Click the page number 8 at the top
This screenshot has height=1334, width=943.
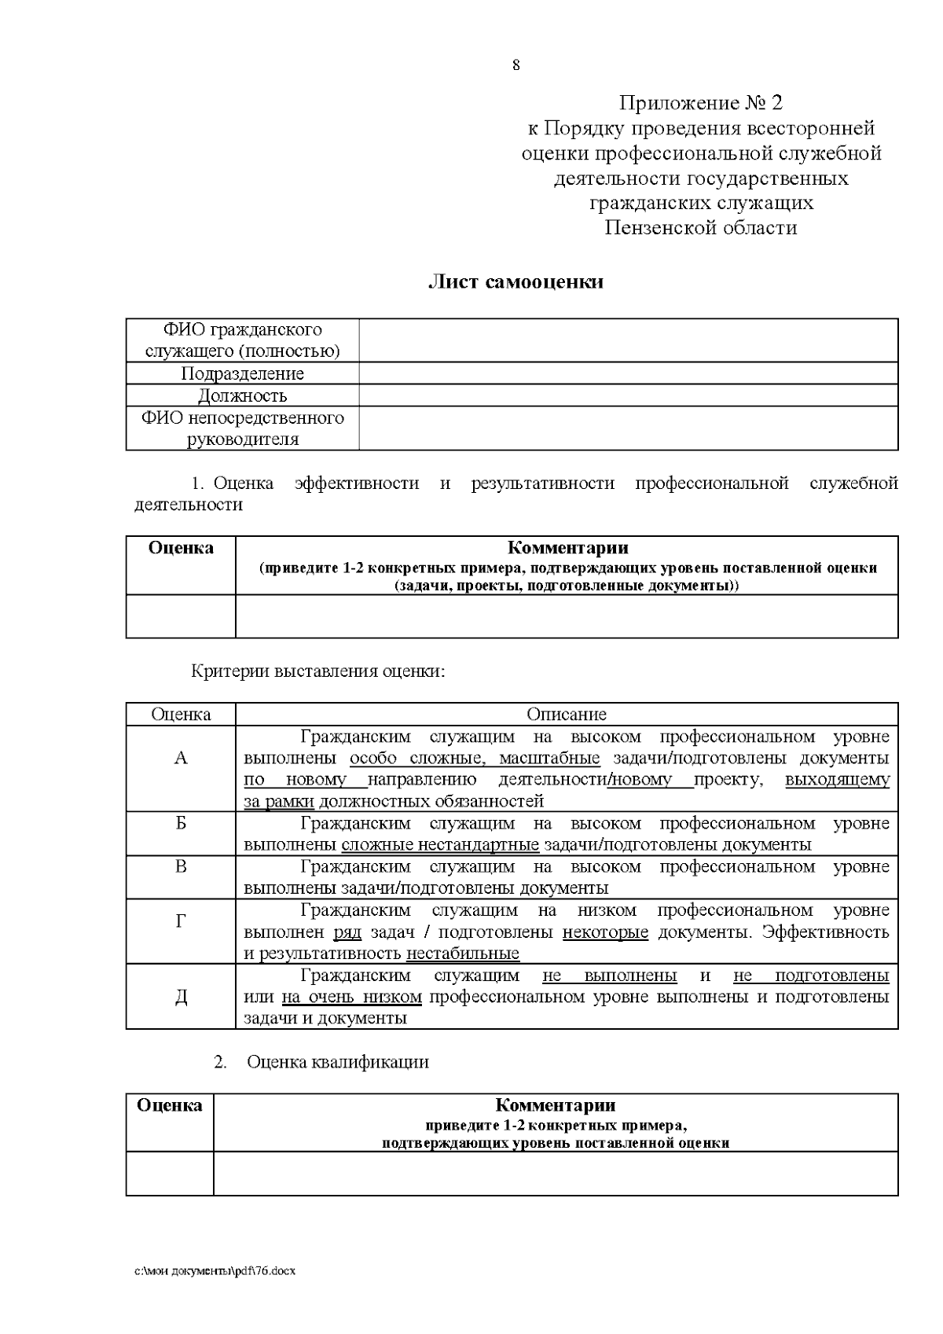pyautogui.click(x=516, y=65)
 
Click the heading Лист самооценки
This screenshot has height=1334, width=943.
pyautogui.click(x=516, y=282)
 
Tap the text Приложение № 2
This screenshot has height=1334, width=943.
pyautogui.click(x=701, y=103)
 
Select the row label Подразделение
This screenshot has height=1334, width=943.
pyautogui.click(x=242, y=373)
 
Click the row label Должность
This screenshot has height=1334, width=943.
pyautogui.click(x=242, y=395)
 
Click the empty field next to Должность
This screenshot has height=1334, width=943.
pyautogui.click(x=628, y=395)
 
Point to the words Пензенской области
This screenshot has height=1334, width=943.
pyautogui.click(x=701, y=228)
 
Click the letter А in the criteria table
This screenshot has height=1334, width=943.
pyautogui.click(x=181, y=759)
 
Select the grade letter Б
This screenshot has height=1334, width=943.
pyautogui.click(x=181, y=824)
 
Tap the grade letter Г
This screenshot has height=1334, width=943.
pyautogui.click(x=181, y=921)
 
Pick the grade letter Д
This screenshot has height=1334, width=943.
pyautogui.click(x=181, y=997)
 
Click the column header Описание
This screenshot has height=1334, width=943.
pyautogui.click(x=566, y=715)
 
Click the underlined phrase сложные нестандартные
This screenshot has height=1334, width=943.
pyautogui.click(x=440, y=845)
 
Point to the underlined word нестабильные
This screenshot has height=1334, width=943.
pyautogui.click(x=462, y=954)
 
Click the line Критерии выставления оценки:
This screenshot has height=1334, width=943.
pyautogui.click(x=318, y=672)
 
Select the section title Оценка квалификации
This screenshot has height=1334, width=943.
pyautogui.click(x=338, y=1062)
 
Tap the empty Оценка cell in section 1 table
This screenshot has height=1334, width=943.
pyautogui.click(x=181, y=616)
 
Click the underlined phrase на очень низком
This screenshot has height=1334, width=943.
pyautogui.click(x=351, y=998)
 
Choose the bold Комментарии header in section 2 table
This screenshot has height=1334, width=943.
pyautogui.click(x=555, y=1105)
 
